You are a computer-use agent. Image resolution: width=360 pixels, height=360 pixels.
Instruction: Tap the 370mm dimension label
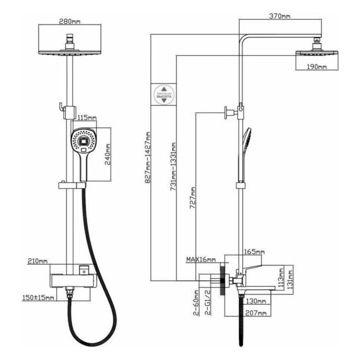coord(279,16)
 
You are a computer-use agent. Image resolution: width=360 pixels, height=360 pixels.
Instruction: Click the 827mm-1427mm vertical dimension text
coord(147,158)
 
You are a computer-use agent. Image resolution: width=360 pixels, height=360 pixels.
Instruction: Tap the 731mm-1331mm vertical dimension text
coord(173,166)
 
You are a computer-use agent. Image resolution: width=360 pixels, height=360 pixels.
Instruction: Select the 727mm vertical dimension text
coord(193,197)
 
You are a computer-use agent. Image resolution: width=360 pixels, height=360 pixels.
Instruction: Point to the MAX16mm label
coord(200,259)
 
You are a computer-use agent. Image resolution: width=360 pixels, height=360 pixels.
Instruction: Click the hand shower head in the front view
coord(83,141)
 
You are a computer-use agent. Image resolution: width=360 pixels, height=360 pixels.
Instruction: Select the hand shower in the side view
coord(246,143)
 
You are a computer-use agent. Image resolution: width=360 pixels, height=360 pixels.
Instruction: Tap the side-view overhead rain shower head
coord(318,53)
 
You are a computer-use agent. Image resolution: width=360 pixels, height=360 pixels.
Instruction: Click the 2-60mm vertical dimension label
coord(196,305)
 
